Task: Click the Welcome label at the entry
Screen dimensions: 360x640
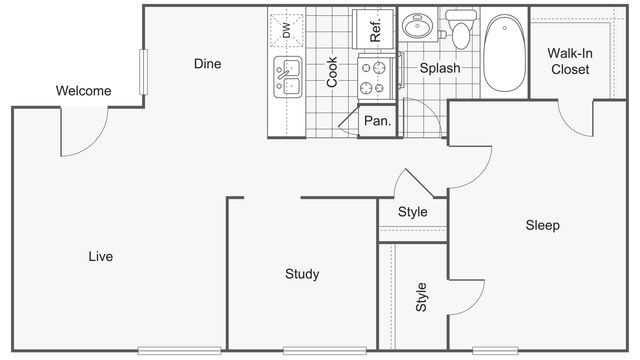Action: click(83, 92)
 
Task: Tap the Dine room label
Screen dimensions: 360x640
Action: click(207, 64)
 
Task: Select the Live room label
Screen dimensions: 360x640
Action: click(100, 257)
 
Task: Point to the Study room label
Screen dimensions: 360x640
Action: click(302, 274)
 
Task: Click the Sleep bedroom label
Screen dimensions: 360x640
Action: click(542, 225)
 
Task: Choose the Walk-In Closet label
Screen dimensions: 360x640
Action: click(569, 61)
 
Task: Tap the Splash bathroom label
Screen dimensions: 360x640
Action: click(440, 69)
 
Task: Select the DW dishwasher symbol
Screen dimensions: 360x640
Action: click(287, 31)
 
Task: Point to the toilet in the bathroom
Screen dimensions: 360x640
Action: click(460, 30)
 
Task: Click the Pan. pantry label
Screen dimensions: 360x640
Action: click(377, 122)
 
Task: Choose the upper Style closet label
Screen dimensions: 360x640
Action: click(412, 212)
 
